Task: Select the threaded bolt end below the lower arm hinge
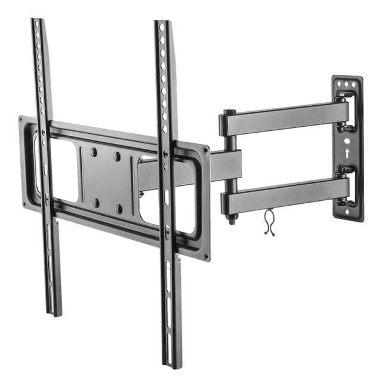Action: [x=230, y=219]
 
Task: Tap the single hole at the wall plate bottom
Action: [x=349, y=209]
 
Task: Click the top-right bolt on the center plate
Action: [x=117, y=156]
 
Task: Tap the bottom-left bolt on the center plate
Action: [x=96, y=203]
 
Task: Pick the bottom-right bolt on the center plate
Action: [x=119, y=209]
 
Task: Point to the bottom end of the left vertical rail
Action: [x=54, y=312]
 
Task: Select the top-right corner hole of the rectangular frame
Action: [x=206, y=152]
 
